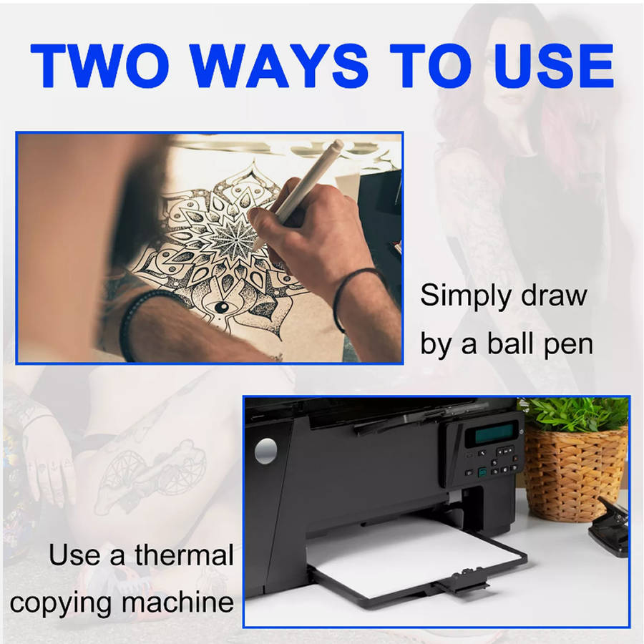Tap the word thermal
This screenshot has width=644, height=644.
coord(185,555)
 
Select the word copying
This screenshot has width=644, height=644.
coord(60,605)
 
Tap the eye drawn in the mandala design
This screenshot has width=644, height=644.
coord(221,307)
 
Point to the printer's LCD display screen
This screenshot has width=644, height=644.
coord(494,434)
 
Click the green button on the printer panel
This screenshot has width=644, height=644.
coord(482,472)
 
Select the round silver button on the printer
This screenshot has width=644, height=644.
coord(265,451)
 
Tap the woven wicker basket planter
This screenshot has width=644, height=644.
coord(575,472)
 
